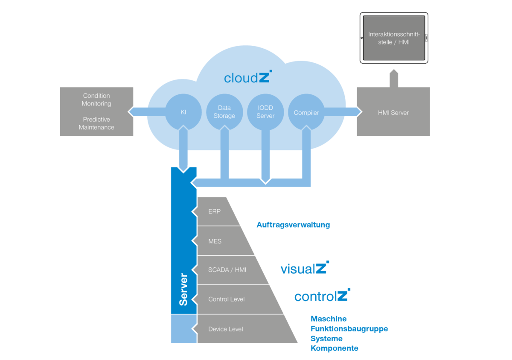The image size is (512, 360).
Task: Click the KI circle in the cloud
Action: (x=183, y=112)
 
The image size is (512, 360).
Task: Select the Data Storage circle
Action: (x=224, y=112)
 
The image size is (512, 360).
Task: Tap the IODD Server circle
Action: (x=265, y=112)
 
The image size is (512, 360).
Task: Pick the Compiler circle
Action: (x=306, y=112)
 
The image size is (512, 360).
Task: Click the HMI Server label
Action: (x=393, y=113)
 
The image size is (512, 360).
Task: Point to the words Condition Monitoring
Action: (x=96, y=100)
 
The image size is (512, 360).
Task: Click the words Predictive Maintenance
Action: (x=96, y=123)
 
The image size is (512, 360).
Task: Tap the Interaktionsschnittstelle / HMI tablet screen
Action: (x=394, y=38)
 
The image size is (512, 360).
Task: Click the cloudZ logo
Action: (x=248, y=77)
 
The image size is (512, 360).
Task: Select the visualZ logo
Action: (x=305, y=268)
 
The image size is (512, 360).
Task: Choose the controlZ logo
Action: (x=322, y=295)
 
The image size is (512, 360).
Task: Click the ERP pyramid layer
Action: (x=218, y=211)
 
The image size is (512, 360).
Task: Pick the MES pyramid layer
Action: (x=225, y=241)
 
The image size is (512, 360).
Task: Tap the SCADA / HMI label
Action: (x=227, y=270)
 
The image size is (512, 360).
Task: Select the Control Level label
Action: (x=226, y=299)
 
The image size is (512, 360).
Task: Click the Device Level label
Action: (x=226, y=329)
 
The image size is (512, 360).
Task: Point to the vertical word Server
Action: (x=183, y=290)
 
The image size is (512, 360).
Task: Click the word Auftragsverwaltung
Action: (x=293, y=225)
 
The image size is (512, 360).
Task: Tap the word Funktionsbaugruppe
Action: (x=349, y=329)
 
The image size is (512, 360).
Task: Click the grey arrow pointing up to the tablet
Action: (x=394, y=79)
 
